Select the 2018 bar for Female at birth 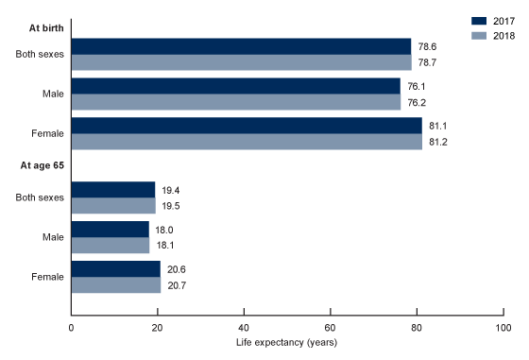tap(247, 142)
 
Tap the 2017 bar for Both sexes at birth tap(241, 46)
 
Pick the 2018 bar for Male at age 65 tap(111, 246)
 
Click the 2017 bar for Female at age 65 tap(115, 269)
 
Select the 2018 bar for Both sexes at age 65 tap(113, 206)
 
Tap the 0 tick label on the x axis tap(71, 327)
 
